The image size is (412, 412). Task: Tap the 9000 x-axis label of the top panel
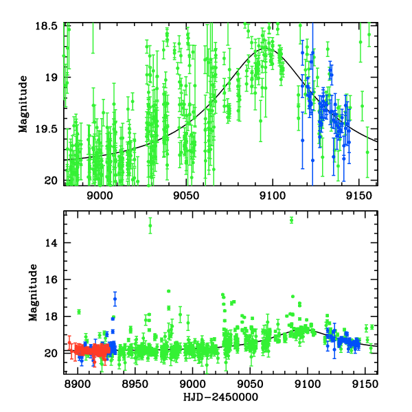point(100,194)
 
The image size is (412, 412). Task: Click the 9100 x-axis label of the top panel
point(272,194)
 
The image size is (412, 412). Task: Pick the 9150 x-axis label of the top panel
point(358,194)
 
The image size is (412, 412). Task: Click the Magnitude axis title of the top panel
point(23,104)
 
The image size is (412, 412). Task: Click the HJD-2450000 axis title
point(220,398)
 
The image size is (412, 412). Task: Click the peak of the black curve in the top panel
point(266,47)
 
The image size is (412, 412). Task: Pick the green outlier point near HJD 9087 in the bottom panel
point(292,220)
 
